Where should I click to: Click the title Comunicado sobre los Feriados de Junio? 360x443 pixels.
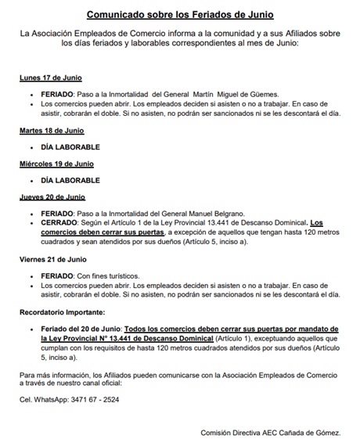click(180, 15)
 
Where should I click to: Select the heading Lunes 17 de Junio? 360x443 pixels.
click(51, 78)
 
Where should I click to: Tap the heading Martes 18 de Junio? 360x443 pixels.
click(52, 130)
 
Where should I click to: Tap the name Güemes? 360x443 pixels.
click(273, 95)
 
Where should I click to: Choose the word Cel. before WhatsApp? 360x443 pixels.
click(27, 399)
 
